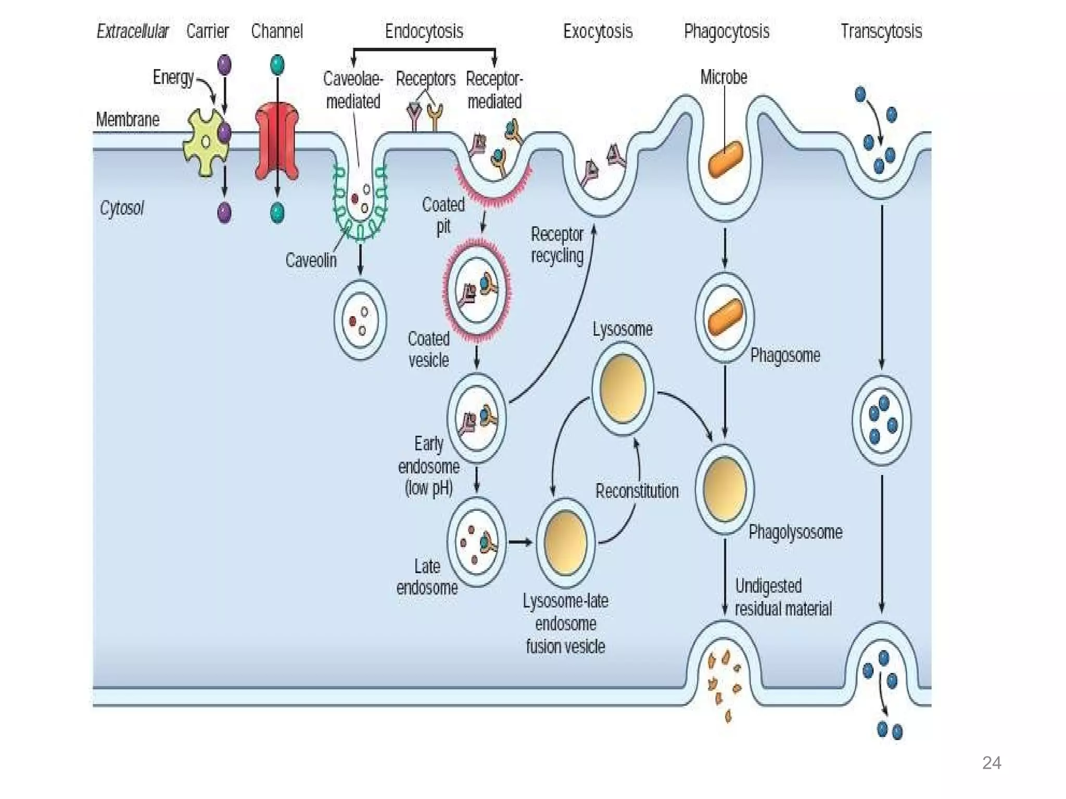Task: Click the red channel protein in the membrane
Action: click(277, 140)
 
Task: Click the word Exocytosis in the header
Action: click(598, 31)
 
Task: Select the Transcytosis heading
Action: click(881, 31)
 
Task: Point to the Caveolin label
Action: click(311, 260)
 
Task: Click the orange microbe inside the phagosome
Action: click(725, 317)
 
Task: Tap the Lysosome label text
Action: click(622, 329)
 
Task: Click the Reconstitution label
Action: click(637, 491)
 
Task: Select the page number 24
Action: click(991, 763)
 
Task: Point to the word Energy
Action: click(173, 78)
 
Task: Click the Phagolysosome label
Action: click(795, 532)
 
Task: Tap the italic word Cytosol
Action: click(121, 208)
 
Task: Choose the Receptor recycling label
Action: click(556, 244)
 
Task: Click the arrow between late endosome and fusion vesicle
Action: click(520, 543)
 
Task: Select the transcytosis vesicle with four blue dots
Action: click(881, 420)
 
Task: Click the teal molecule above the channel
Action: click(277, 65)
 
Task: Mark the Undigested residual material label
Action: click(782, 597)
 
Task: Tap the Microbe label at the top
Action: click(723, 77)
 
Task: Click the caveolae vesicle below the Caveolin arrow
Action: click(360, 320)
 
